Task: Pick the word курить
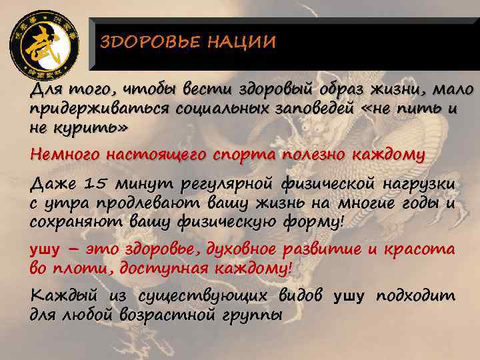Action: coord(88,127)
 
